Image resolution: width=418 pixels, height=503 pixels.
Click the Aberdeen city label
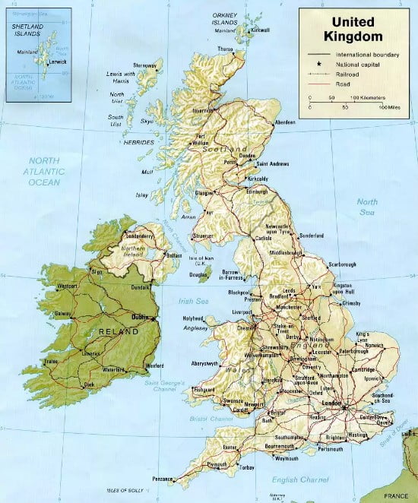point(284,122)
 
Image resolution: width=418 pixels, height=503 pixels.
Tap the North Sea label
point(368,207)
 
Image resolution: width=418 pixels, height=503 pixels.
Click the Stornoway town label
point(147,65)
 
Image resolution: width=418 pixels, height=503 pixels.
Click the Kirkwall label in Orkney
point(261,30)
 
